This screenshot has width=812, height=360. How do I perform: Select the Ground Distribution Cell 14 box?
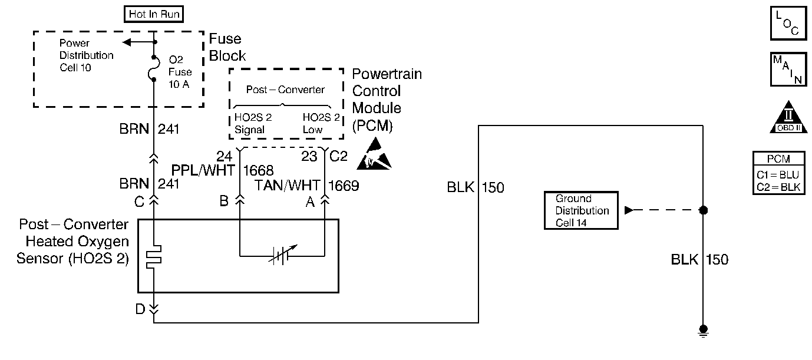pos(581,210)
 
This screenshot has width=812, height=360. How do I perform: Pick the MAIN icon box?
pos(788,70)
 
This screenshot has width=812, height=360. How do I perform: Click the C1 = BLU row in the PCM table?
pos(778,175)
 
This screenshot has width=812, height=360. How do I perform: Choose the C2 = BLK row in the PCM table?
pos(778,187)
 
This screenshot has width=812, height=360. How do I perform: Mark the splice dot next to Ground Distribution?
pos(702,210)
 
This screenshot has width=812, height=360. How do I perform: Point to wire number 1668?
pos(258,171)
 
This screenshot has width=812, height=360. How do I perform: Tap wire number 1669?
pos(344,186)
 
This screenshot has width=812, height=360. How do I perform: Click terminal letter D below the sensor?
pos(140,309)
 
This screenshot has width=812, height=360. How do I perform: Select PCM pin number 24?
pos(224,157)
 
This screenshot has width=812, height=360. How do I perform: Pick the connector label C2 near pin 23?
pos(339,157)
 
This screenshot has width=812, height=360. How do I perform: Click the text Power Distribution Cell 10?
pos(87,55)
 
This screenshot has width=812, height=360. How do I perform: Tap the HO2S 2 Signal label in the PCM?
pos(253,123)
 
